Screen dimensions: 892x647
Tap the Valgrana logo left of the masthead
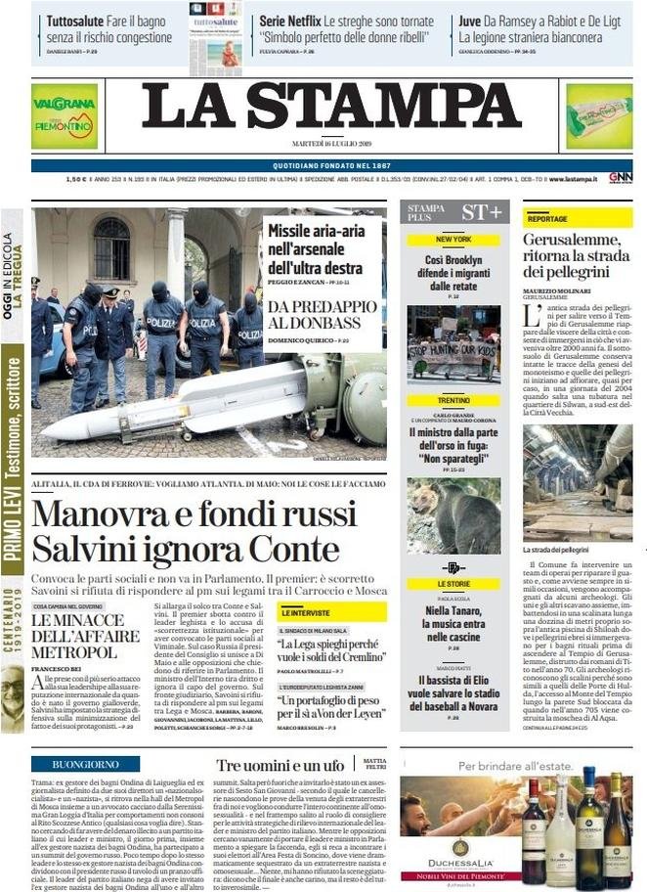64,115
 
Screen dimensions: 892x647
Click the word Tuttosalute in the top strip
78,20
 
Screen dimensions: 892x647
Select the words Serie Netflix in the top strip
290,20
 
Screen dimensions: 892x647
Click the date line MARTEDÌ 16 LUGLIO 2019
330,143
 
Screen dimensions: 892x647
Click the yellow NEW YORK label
453,240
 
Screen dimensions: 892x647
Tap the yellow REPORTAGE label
547,219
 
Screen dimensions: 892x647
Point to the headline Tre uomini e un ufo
280,765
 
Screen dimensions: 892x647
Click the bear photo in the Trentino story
453,515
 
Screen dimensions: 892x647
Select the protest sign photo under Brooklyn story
453,343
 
